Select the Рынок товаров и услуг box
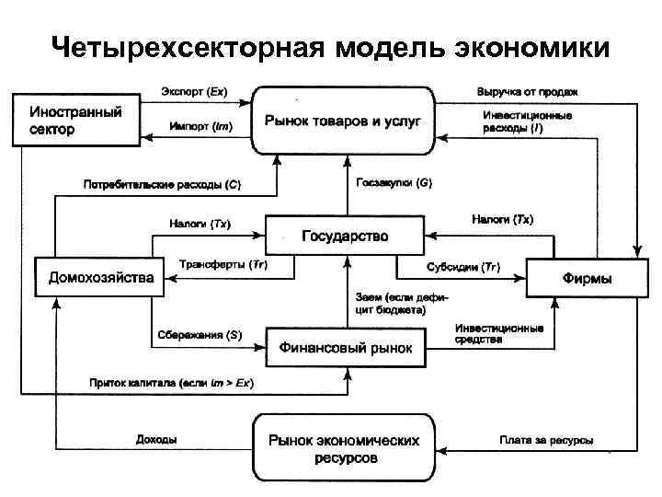coord(344,121)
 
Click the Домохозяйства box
coord(100,277)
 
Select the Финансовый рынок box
coord(346,349)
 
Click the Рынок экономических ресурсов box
coord(344,447)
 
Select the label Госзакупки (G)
coord(394,183)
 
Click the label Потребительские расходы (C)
coord(162,184)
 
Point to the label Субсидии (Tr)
coord(463,267)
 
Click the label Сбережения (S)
coord(199,335)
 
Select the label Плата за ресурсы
coord(546,440)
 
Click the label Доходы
coord(156,440)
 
